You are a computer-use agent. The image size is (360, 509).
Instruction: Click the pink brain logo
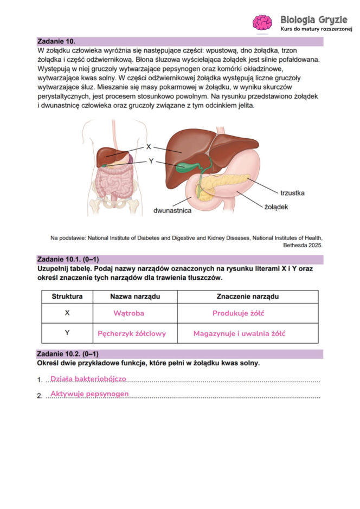pyautogui.click(x=262, y=22)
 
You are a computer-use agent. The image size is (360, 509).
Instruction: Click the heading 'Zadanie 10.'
pyautogui.click(x=56, y=41)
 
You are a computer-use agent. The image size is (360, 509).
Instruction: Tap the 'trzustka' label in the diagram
pyautogui.click(x=292, y=192)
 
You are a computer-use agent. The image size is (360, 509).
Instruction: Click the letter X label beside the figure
pyautogui.click(x=149, y=147)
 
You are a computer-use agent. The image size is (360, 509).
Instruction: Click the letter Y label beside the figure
pyautogui.click(x=151, y=161)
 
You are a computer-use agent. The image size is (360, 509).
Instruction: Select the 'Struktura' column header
pyautogui.click(x=67, y=297)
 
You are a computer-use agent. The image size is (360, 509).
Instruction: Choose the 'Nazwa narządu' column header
pyautogui.click(x=135, y=297)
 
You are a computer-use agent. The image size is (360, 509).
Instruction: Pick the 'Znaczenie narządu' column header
pyautogui.click(x=247, y=297)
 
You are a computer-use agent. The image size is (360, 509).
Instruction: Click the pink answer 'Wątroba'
pyautogui.click(x=128, y=313)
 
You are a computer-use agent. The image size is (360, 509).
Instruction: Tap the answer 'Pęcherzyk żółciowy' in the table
pyautogui.click(x=132, y=333)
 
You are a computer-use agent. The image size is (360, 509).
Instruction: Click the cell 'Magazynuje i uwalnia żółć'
pyautogui.click(x=239, y=333)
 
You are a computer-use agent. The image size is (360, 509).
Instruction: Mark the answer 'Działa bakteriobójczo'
pyautogui.click(x=88, y=378)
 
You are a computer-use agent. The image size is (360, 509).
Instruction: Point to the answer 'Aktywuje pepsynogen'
pyautogui.click(x=89, y=393)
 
